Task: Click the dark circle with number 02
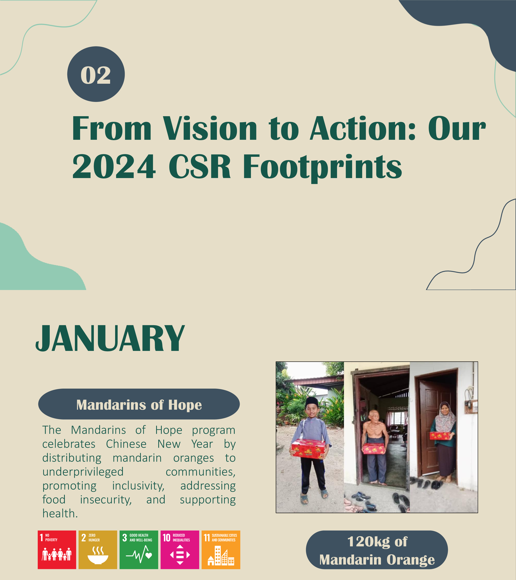tap(96, 74)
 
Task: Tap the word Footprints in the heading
tap(322, 168)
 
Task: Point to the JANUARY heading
tap(110, 339)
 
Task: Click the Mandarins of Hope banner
tap(139, 404)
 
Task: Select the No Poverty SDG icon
tap(57, 550)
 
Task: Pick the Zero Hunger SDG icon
tap(98, 550)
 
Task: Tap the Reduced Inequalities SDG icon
tap(180, 550)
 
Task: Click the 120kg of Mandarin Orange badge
tap(377, 550)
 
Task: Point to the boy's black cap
tap(312, 402)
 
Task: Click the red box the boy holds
tap(308, 449)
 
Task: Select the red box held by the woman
tap(440, 436)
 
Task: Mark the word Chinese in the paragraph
tap(126, 444)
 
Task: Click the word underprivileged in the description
tap(83, 472)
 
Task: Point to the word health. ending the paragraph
tap(60, 513)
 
